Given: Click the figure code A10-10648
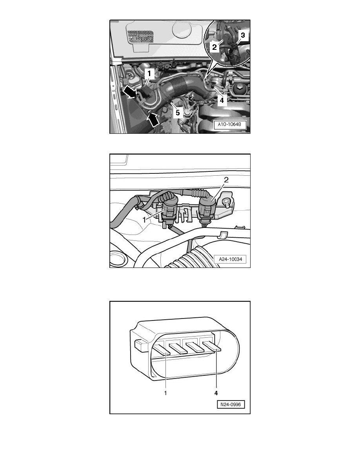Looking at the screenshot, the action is [x=230, y=124].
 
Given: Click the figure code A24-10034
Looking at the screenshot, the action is [x=231, y=259].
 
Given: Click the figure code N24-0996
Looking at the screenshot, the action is [x=231, y=404].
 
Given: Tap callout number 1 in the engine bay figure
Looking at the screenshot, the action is [x=149, y=73].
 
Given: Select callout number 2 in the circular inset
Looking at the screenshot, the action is [x=214, y=47].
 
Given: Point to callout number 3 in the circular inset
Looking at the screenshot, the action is [x=243, y=35].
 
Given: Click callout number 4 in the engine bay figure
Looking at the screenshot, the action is [x=222, y=100].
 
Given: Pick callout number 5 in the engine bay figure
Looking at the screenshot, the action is [x=178, y=112].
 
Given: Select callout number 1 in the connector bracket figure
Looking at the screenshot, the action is [x=145, y=220].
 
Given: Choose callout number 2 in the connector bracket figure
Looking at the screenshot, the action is [x=226, y=180].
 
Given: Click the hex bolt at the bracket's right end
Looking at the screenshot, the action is [x=226, y=204].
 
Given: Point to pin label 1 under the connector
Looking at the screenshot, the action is [x=165, y=393].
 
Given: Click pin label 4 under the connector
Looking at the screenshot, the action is [x=216, y=393].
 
